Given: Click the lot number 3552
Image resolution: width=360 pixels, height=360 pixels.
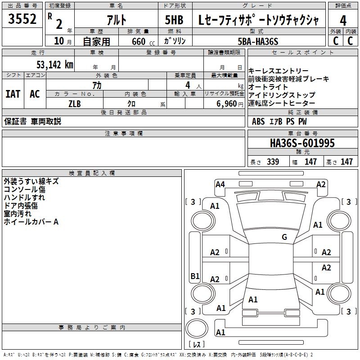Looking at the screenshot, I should (22, 20).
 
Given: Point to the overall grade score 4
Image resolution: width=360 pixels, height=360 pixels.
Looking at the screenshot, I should (343, 20).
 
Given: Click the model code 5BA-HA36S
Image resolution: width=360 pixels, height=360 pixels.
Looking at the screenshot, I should (258, 41).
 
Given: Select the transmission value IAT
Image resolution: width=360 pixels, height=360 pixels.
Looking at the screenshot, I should (13, 94).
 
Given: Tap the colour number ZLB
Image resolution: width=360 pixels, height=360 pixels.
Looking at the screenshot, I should (75, 103).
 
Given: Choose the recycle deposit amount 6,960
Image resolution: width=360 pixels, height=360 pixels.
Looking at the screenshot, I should (226, 103).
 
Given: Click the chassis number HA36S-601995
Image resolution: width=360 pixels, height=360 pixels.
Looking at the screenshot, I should (302, 143).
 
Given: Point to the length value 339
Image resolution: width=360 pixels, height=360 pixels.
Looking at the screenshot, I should (272, 162).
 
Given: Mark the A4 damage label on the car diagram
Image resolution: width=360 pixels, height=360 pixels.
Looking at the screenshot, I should (220, 184).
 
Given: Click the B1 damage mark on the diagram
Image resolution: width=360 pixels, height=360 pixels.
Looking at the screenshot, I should (195, 276).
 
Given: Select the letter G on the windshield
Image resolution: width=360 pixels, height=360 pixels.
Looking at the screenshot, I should (284, 237).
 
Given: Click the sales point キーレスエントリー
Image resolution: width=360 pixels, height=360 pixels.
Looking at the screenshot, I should (279, 71).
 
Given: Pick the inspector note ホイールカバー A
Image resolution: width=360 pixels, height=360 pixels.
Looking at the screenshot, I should (31, 222).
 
